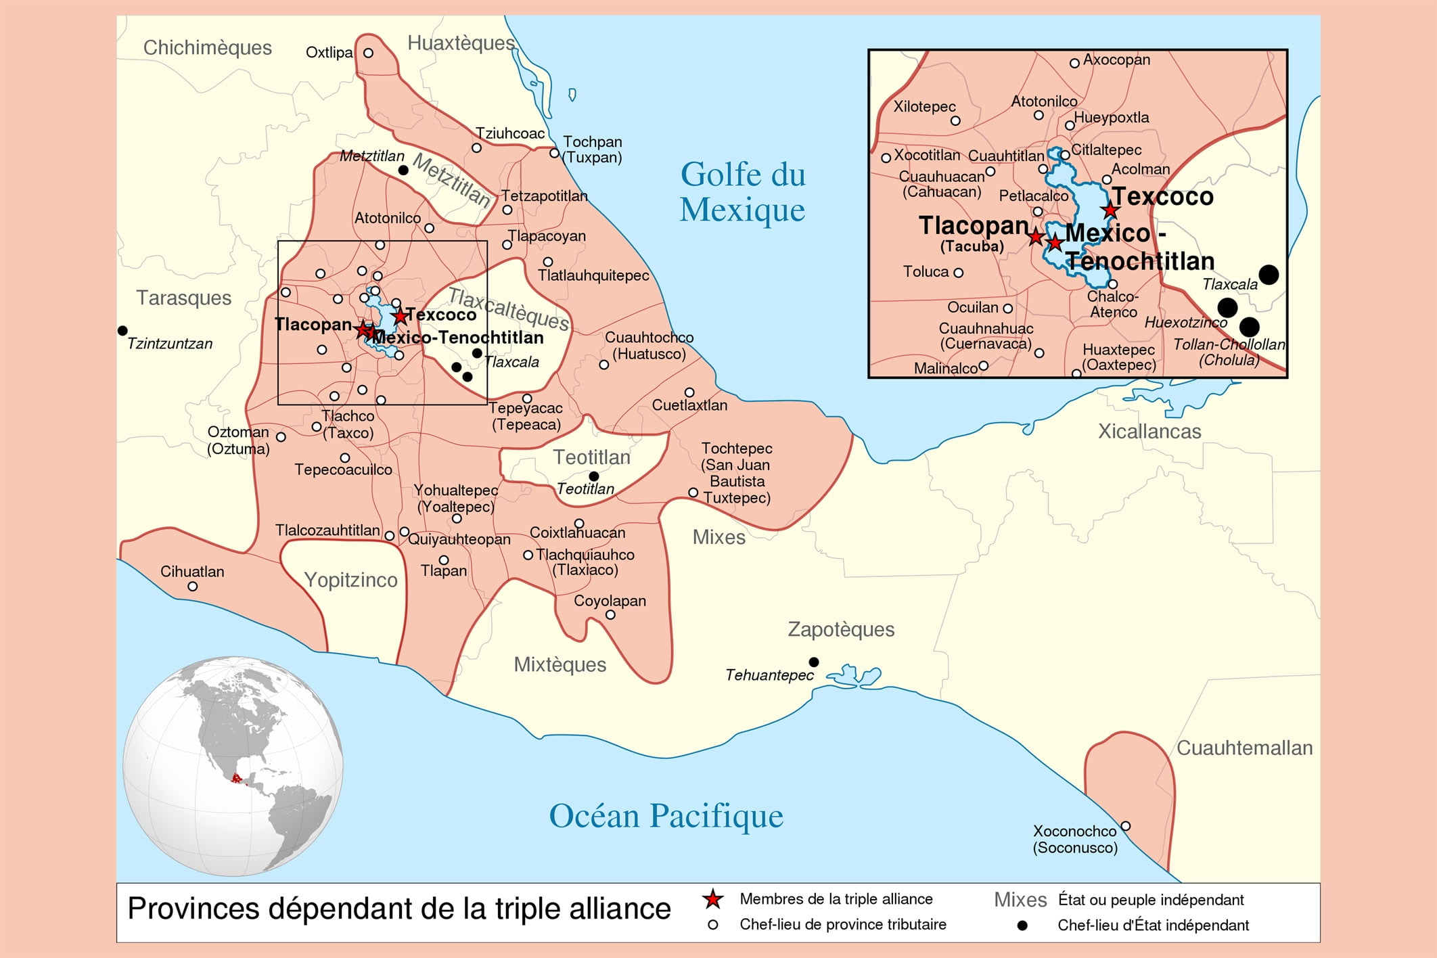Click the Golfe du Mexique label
pyautogui.click(x=743, y=192)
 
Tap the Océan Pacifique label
pyautogui.click(x=666, y=816)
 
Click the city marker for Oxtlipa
pyautogui.click(x=368, y=53)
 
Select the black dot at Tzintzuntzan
pyautogui.click(x=122, y=330)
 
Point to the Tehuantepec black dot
pyautogui.click(x=814, y=662)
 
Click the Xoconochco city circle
pyautogui.click(x=1126, y=826)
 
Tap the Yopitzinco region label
pyautogui.click(x=350, y=580)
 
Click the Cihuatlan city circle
pyautogui.click(x=193, y=587)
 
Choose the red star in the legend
pyautogui.click(x=712, y=899)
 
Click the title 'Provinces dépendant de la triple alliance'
pyautogui.click(x=398, y=909)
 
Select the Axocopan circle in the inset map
pyautogui.click(x=1074, y=63)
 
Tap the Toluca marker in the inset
pyautogui.click(x=959, y=273)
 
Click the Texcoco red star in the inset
pyautogui.click(x=1110, y=210)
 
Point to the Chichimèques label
pyautogui.click(x=207, y=47)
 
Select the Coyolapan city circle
pyautogui.click(x=610, y=615)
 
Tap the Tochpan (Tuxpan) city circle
pyautogui.click(x=554, y=154)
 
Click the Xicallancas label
pyautogui.click(x=1149, y=431)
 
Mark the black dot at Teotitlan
pyautogui.click(x=594, y=476)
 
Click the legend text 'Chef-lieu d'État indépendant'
pyautogui.click(x=1153, y=925)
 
